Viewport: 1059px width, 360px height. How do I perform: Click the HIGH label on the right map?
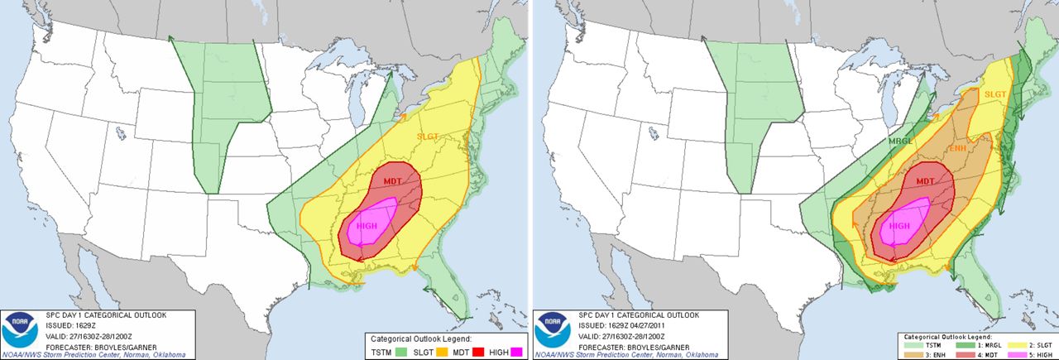tap(899, 225)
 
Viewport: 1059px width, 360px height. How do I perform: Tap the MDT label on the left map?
tap(393, 181)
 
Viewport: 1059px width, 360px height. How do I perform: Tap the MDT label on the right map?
tap(925, 181)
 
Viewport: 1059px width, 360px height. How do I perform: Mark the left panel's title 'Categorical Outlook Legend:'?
tap(421, 338)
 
